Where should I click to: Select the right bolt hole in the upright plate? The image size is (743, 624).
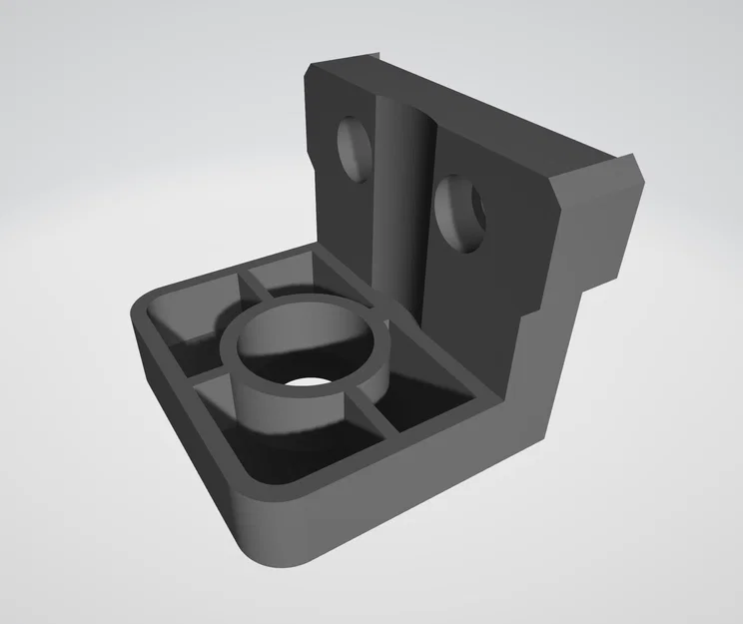point(461,212)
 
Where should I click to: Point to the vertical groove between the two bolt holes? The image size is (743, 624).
point(404,190)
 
